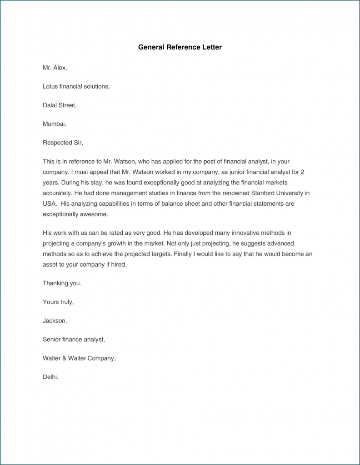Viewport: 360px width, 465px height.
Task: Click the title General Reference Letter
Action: coord(180,47)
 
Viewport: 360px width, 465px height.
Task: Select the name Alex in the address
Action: coord(59,68)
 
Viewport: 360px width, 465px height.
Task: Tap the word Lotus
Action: coord(50,86)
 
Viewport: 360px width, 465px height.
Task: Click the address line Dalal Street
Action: coord(60,105)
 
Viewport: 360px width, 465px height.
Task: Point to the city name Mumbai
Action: coord(55,124)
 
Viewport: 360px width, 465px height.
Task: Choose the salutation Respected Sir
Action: coord(63,143)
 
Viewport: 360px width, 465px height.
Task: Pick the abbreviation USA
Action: coord(50,203)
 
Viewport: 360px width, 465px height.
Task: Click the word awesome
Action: coord(95,214)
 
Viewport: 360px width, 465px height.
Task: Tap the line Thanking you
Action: coord(62,283)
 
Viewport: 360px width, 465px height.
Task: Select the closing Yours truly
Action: coord(58,302)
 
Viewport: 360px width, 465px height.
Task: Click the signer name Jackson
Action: coord(55,321)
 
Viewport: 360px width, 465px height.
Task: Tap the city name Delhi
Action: coord(50,377)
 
